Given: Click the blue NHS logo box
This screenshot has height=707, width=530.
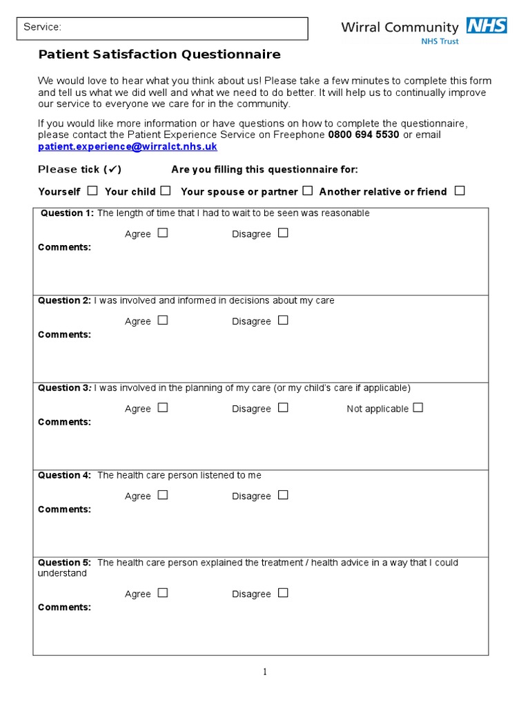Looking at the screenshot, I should tap(487, 26).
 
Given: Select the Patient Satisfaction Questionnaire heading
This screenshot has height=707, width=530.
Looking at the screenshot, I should tap(159, 55).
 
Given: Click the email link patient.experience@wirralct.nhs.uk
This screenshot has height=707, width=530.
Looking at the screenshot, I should tap(128, 146).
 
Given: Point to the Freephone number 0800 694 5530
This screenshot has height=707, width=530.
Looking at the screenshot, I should tap(364, 135).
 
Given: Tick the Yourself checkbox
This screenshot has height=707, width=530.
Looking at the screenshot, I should tap(92, 191).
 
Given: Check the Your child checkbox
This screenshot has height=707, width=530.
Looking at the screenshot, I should tap(166, 191).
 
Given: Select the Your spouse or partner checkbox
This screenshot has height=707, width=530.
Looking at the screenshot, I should tap(308, 191).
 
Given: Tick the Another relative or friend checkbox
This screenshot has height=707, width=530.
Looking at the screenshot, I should tap(460, 191).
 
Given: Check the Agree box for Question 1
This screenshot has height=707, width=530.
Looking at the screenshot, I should tap(163, 233).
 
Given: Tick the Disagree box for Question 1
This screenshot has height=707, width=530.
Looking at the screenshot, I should tap(283, 233).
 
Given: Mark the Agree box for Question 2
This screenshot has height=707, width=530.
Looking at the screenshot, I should tap(163, 320).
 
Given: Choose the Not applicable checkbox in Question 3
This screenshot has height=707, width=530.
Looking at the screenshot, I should tap(418, 408).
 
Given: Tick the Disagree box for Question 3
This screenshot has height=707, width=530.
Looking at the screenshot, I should tap(283, 408).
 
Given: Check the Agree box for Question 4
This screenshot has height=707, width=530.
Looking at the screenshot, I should tap(163, 495).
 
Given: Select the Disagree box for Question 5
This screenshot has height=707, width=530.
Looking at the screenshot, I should tap(283, 593).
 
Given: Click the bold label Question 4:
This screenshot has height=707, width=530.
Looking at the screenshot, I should tap(64, 475).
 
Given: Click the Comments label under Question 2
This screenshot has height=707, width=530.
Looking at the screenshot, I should tap(64, 335).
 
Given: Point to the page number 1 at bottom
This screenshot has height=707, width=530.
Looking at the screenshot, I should tap(264, 672).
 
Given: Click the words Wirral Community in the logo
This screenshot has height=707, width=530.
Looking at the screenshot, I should tap(400, 28).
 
